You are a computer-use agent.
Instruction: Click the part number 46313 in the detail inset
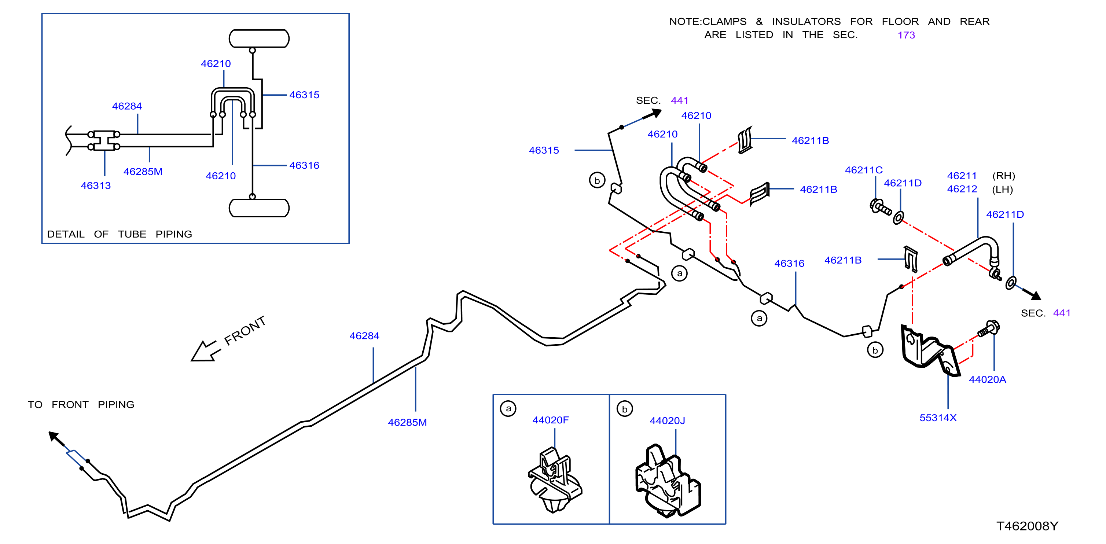pos(96,185)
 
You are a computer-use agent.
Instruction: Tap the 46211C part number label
pos(863,170)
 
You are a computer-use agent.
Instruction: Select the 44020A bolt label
pos(987,379)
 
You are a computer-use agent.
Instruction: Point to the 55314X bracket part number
pos(938,418)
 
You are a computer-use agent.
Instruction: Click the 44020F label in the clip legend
pos(550,420)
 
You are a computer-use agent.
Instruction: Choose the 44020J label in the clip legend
pos(667,421)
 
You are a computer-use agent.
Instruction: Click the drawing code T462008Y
pos(1027,526)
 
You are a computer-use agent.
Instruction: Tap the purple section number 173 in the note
pos(906,35)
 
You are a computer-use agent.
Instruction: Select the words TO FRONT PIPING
pos(81,404)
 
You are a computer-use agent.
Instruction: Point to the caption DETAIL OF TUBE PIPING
pos(120,234)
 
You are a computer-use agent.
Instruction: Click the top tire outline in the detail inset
pos(259,38)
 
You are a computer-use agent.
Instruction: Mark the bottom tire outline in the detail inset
pos(259,208)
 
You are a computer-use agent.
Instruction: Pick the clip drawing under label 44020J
pos(668,481)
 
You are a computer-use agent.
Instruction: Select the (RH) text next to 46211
pos(1003,176)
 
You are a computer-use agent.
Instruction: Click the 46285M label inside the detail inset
pos(143,172)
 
